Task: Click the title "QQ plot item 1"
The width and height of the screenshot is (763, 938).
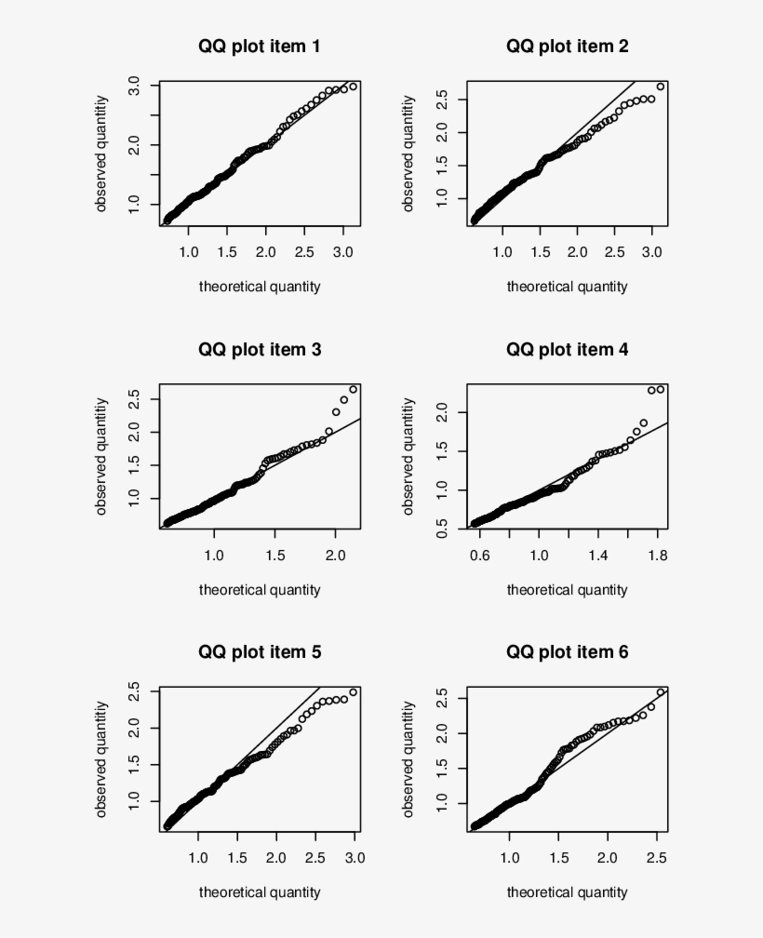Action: [259, 46]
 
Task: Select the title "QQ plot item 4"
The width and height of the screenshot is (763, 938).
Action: [567, 350]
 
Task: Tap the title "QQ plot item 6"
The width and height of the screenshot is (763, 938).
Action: [567, 652]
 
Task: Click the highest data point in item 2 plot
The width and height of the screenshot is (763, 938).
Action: [660, 87]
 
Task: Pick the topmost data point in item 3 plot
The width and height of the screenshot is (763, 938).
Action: [353, 389]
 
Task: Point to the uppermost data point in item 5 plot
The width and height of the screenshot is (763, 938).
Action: [353, 692]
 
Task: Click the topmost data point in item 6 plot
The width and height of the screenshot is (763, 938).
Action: [660, 692]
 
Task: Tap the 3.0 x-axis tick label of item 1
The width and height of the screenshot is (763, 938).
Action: [343, 252]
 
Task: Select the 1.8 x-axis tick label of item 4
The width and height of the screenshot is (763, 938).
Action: [656, 556]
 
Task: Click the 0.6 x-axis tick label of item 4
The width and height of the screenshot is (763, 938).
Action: [480, 556]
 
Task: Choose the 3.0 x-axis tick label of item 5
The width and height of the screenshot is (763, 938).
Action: [355, 858]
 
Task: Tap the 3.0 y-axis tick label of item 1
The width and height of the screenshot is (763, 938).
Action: [135, 86]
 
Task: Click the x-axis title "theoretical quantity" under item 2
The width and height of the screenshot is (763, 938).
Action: [567, 287]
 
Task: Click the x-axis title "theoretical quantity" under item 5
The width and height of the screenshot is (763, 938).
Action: [259, 892]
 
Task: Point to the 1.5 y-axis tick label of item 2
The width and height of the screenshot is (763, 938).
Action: [443, 165]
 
